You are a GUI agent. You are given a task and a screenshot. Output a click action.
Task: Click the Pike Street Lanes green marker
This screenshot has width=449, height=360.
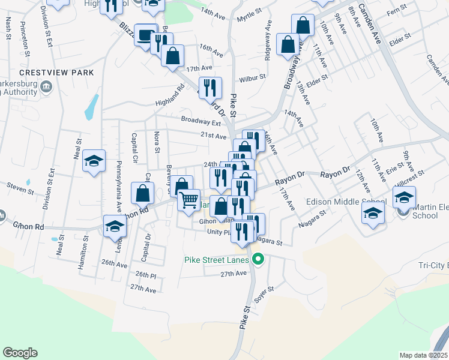(x=259, y=260)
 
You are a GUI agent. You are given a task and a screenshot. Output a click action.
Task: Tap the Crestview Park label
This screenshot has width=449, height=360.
(x=57, y=73)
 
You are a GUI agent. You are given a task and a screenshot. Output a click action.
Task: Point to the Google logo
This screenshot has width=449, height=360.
(x=20, y=353)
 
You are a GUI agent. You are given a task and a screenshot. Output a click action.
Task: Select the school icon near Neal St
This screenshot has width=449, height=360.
(x=94, y=161)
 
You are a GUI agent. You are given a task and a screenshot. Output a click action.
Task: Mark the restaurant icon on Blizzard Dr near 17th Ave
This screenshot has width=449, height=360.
(x=210, y=88)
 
